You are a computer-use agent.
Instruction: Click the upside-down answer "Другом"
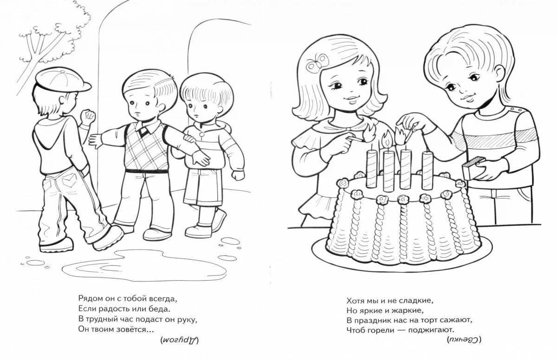180,340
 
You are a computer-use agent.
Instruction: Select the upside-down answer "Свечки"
464,340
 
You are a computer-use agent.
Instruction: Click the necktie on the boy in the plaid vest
143,131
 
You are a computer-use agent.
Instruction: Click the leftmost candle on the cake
371,168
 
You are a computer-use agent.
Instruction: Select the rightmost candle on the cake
427,169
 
